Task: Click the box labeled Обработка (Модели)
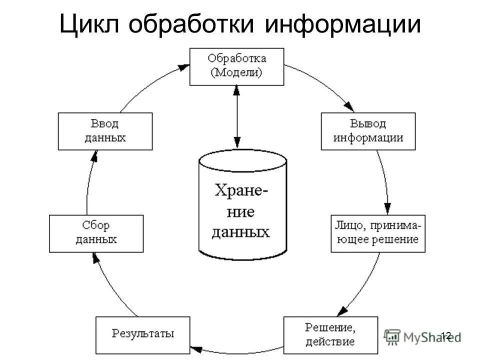click(236, 66)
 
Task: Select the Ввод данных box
click(105, 131)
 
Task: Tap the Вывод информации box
click(368, 131)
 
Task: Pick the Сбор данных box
click(96, 233)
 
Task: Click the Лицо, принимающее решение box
click(377, 233)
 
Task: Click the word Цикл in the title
click(91, 24)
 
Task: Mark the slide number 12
click(446, 336)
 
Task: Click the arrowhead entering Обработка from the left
click(185, 66)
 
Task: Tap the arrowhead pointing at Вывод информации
click(349, 107)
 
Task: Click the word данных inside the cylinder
click(241, 232)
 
